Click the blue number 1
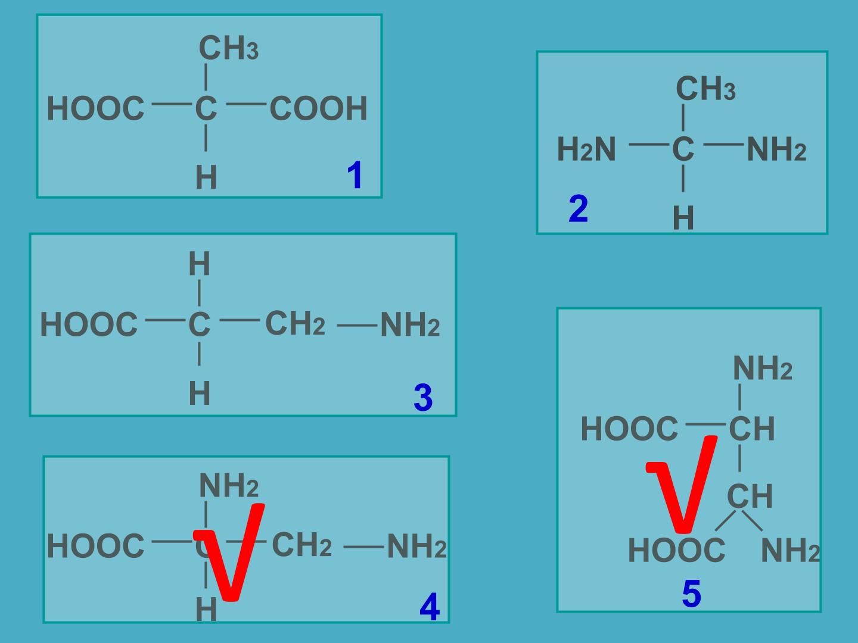(x=355, y=175)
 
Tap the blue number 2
(x=579, y=208)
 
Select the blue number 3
(x=423, y=398)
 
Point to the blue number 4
(x=430, y=607)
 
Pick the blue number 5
(x=692, y=594)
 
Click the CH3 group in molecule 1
(x=229, y=48)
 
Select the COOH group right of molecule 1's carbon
(x=319, y=108)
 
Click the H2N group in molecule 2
(x=586, y=149)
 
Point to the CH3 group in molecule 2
(x=706, y=88)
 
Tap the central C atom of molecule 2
(x=683, y=149)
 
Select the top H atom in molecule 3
(x=200, y=264)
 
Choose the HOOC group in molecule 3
(x=89, y=324)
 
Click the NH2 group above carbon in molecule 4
(x=229, y=485)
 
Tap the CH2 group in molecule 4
(x=301, y=545)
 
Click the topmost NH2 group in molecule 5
(x=763, y=368)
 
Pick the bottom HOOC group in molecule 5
(x=677, y=550)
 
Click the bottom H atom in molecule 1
(x=206, y=177)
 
